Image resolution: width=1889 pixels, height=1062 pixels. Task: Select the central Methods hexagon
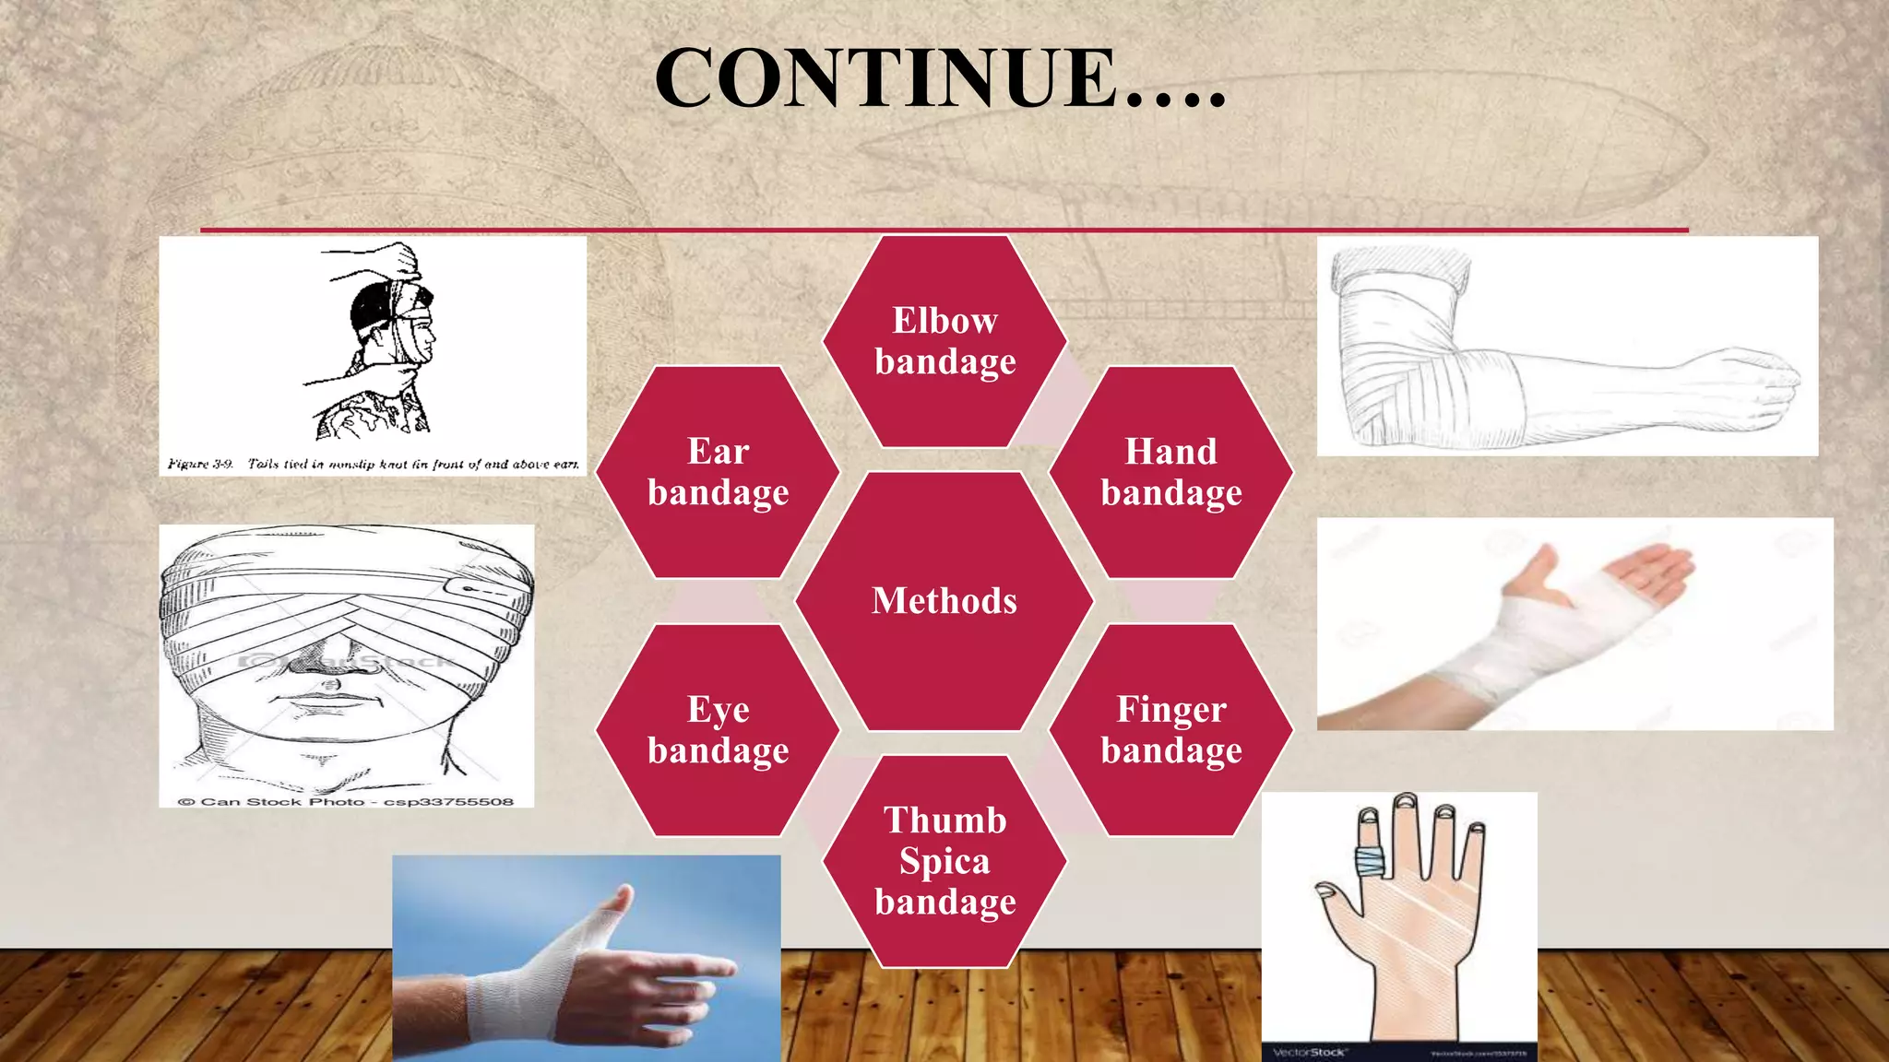pyautogui.click(x=944, y=601)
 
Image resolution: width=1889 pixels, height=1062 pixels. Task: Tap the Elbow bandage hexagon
pyautogui.click(x=944, y=341)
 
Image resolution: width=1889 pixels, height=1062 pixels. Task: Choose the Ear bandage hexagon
pyautogui.click(x=718, y=472)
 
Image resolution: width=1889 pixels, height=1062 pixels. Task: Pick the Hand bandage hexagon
pyautogui.click(x=1171, y=472)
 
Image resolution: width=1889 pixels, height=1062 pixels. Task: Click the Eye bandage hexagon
pyautogui.click(x=718, y=730)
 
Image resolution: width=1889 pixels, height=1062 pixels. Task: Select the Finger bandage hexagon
pyautogui.click(x=1171, y=730)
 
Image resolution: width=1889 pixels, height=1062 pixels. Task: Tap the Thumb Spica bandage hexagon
pyautogui.click(x=944, y=861)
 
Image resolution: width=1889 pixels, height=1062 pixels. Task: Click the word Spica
pyautogui.click(x=944, y=861)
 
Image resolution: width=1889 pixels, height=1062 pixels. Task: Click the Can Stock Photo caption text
pyautogui.click(x=346, y=801)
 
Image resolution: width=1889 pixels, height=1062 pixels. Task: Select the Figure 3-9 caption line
pyautogui.click(x=373, y=464)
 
